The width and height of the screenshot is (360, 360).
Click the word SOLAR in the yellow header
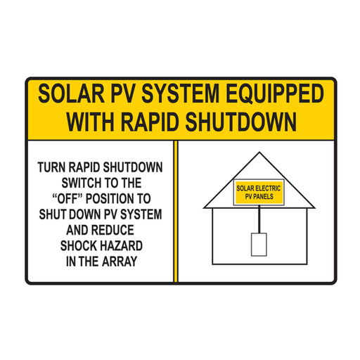(67, 94)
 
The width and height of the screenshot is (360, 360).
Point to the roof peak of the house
(256, 154)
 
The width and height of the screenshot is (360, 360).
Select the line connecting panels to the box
(259, 219)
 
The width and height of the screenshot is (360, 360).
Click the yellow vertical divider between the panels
(176, 211)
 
